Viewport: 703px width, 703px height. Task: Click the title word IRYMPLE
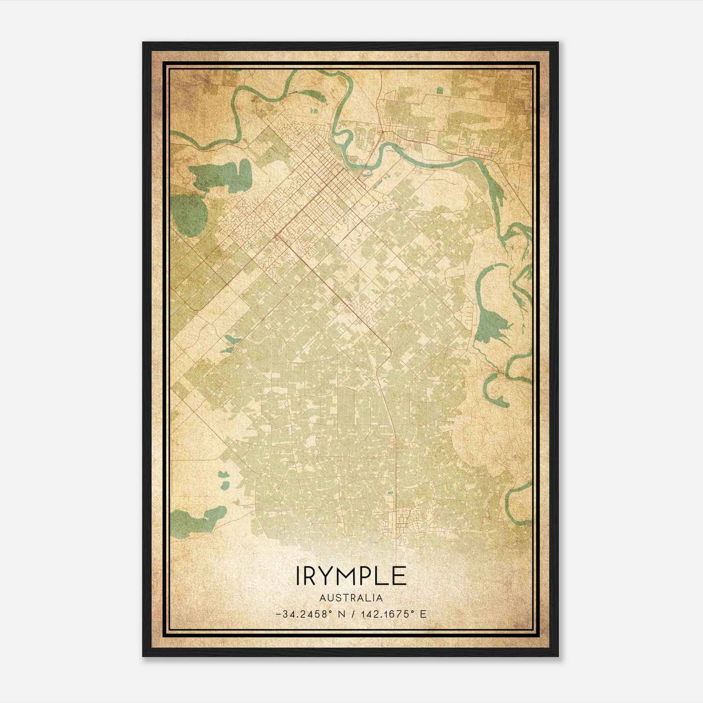(x=351, y=576)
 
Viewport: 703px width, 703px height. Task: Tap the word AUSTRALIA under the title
(x=351, y=598)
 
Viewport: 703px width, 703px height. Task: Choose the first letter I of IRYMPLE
(x=298, y=576)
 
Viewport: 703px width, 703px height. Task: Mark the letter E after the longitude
(x=423, y=614)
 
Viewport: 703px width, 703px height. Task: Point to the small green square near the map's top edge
(x=440, y=90)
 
